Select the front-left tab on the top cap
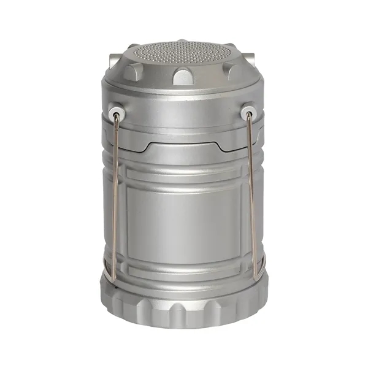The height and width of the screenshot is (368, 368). click(x=131, y=71)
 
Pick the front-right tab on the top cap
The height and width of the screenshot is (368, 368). click(x=235, y=71)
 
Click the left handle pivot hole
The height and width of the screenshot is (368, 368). click(x=115, y=114)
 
